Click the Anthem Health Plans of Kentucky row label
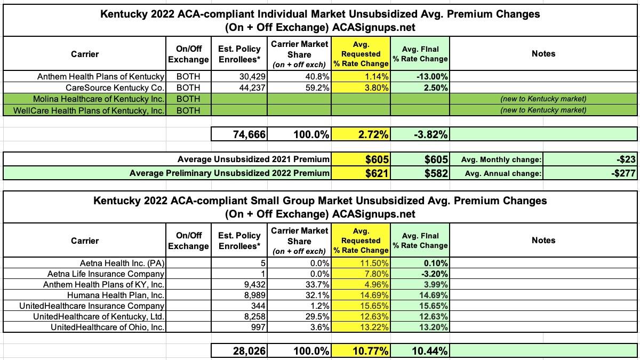click(100, 76)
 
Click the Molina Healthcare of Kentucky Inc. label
click(99, 99)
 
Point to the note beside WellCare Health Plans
click(543, 110)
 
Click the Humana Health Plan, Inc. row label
click(116, 295)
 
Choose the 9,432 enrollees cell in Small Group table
click(253, 284)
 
